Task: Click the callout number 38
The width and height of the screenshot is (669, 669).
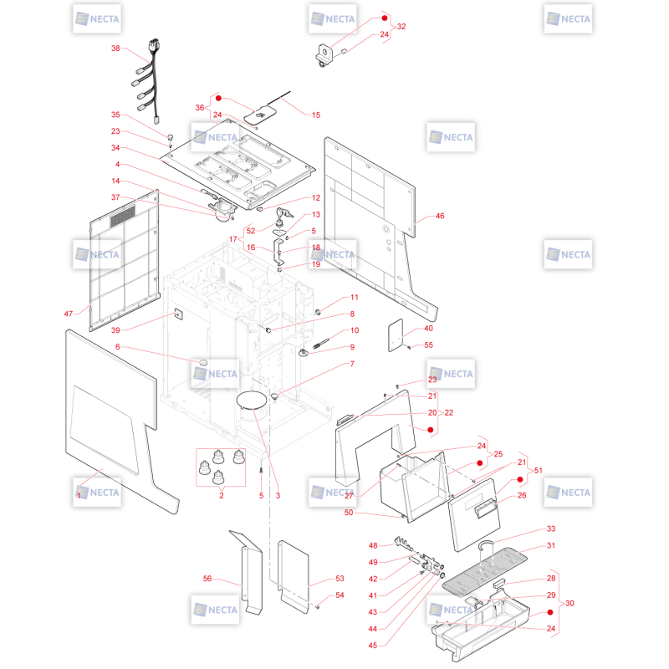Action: (x=115, y=49)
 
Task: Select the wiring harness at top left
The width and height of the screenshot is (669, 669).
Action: (x=148, y=81)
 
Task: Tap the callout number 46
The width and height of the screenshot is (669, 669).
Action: (x=440, y=216)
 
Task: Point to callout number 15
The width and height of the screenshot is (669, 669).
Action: (x=316, y=115)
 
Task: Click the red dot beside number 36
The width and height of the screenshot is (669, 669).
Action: (x=218, y=98)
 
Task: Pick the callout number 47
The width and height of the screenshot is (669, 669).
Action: (x=69, y=314)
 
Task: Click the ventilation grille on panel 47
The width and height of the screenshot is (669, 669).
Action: (x=123, y=216)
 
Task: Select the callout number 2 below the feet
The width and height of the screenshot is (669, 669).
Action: (x=222, y=495)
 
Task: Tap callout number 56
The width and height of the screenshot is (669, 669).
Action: (x=207, y=579)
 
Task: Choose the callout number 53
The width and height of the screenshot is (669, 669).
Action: (x=340, y=579)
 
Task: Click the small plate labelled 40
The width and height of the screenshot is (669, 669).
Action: (x=396, y=335)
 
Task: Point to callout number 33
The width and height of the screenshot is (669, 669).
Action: (x=551, y=529)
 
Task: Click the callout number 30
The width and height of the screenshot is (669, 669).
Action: (x=569, y=603)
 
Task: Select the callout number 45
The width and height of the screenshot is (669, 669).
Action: (x=373, y=645)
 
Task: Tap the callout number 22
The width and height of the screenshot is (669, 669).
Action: (x=449, y=412)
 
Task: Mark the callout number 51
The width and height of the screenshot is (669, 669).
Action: (x=539, y=470)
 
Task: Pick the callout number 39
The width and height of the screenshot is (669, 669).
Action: (x=115, y=330)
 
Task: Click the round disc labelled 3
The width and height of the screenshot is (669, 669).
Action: (x=252, y=400)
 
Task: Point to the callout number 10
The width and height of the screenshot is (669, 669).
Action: (x=355, y=330)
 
